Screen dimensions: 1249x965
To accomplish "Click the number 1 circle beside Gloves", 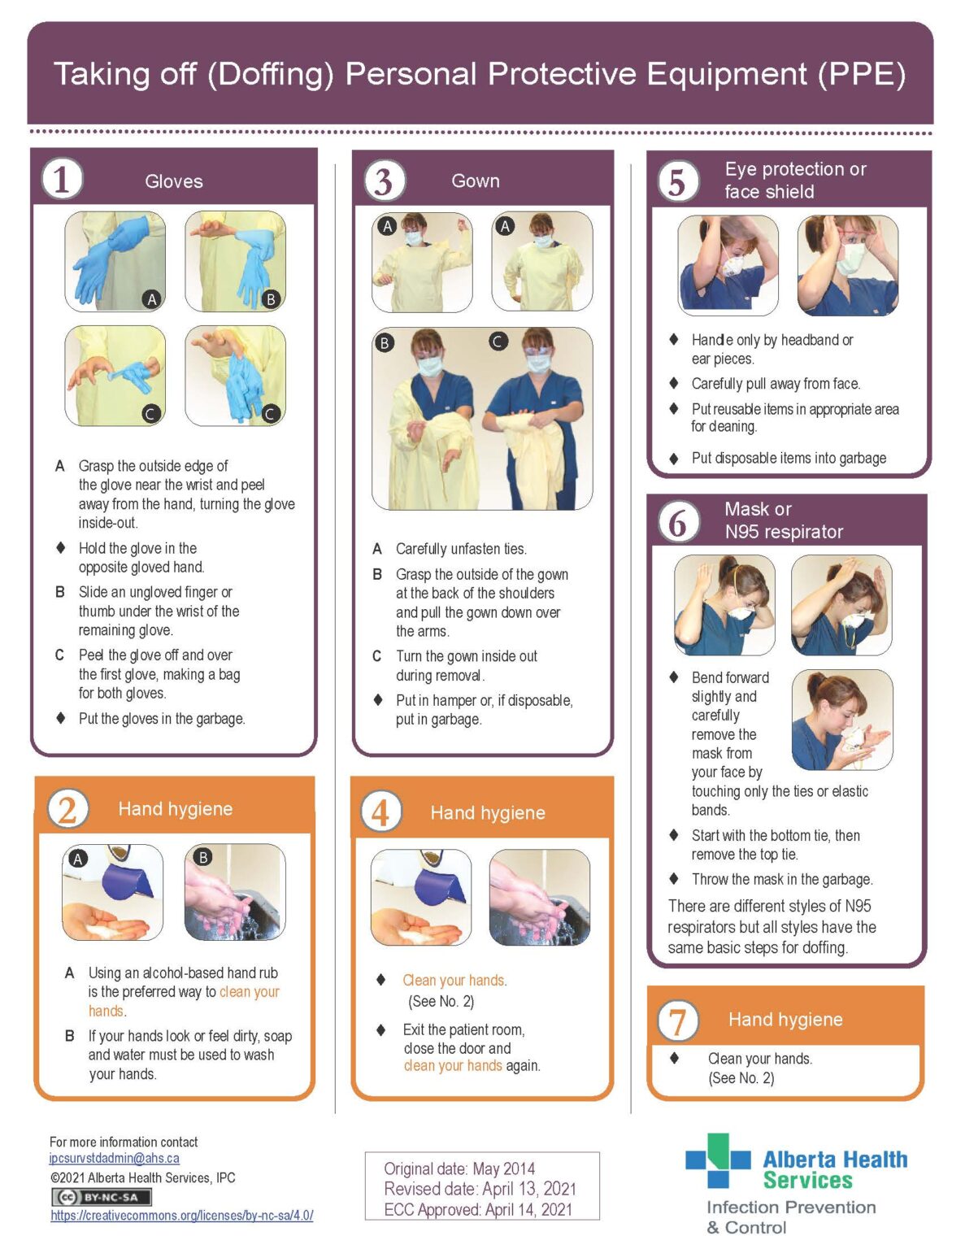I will point(62,179).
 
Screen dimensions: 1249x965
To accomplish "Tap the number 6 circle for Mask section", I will point(677,521).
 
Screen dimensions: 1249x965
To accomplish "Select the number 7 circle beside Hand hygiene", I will point(677,1021).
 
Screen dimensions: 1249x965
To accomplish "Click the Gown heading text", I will point(476,181).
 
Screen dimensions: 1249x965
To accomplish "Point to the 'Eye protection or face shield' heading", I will point(794,181).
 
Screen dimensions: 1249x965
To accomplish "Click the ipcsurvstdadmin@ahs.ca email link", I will point(114,1158).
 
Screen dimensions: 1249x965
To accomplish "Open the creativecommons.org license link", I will point(181,1216).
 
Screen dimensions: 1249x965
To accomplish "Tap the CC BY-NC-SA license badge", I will point(102,1197).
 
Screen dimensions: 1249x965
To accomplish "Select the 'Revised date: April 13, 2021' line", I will point(480,1189).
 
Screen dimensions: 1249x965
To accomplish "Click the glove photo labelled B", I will point(236,262).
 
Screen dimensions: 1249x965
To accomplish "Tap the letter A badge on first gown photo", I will point(387,227).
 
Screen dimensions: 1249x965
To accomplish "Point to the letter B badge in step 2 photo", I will point(203,857).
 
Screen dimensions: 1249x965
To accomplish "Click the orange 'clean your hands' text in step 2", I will point(249,992).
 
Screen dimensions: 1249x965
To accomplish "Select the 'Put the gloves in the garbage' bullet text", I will point(161,719).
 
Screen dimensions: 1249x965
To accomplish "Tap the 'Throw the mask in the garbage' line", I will point(781,879).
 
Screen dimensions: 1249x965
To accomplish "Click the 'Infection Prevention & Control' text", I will point(789,1217).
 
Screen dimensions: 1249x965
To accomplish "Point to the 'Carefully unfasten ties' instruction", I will point(461,549).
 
